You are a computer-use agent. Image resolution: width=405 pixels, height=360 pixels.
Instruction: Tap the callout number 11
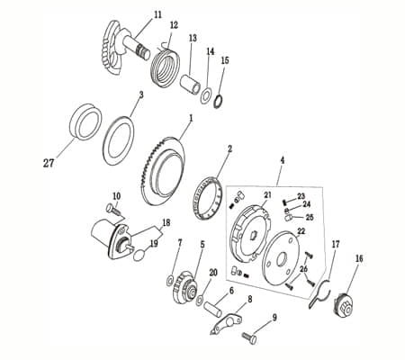click(x=158, y=15)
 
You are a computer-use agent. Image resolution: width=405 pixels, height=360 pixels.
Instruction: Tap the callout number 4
click(x=282, y=159)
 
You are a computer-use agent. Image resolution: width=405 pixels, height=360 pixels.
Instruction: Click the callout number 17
click(x=336, y=244)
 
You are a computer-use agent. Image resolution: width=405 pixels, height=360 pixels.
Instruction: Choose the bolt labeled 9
click(x=248, y=337)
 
